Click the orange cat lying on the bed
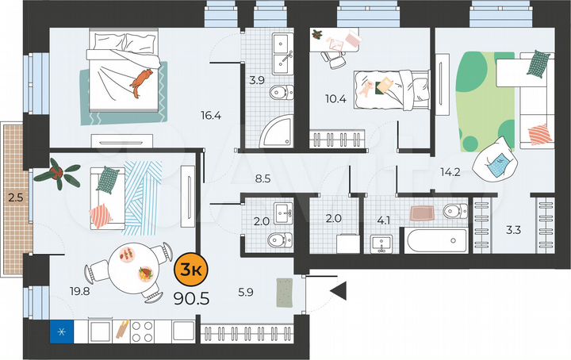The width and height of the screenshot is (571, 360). [141, 81]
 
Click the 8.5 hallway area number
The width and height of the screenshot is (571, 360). [263, 178]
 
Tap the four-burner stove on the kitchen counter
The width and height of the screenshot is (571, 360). [146, 329]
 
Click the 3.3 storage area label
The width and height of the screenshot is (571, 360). [513, 232]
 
